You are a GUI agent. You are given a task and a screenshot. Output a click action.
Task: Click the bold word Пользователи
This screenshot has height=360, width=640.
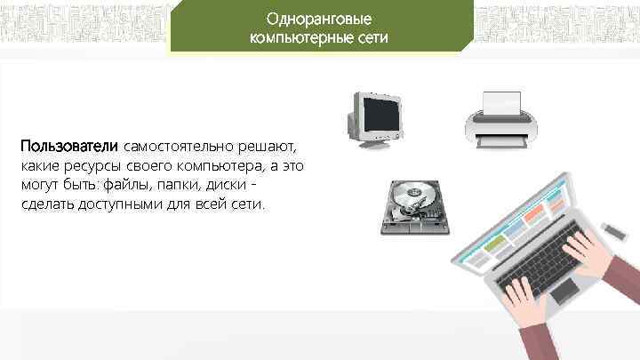(70, 146)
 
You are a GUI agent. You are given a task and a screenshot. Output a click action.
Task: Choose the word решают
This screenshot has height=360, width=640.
(268, 146)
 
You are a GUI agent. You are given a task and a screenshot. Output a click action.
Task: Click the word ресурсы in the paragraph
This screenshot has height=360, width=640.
(92, 165)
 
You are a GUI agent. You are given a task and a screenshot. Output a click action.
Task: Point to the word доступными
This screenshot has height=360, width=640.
(113, 204)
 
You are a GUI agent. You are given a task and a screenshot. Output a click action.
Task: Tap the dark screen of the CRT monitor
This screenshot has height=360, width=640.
(380, 113)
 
